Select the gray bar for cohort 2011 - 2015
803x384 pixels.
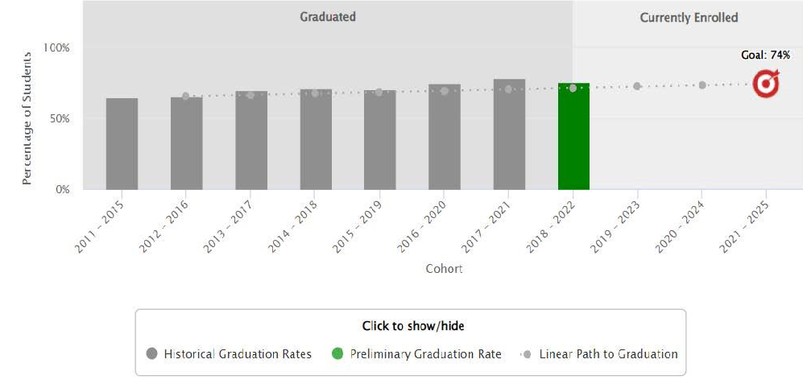[122, 144]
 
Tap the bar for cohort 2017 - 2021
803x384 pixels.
[509, 134]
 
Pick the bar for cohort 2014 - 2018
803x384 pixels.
[316, 139]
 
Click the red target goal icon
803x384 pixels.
[766, 83]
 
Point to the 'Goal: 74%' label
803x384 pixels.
[765, 56]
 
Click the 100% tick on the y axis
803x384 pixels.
[59, 48]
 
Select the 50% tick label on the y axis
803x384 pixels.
[61, 118]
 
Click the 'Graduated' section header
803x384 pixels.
[328, 17]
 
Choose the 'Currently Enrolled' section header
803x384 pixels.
[689, 18]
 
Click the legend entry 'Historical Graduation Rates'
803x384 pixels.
[230, 354]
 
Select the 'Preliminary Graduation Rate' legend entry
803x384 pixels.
[417, 354]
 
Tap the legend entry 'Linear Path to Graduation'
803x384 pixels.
[600, 354]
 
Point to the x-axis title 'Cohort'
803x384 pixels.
[444, 269]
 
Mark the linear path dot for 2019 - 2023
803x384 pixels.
[637, 86]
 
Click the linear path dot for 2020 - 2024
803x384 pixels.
[702, 85]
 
